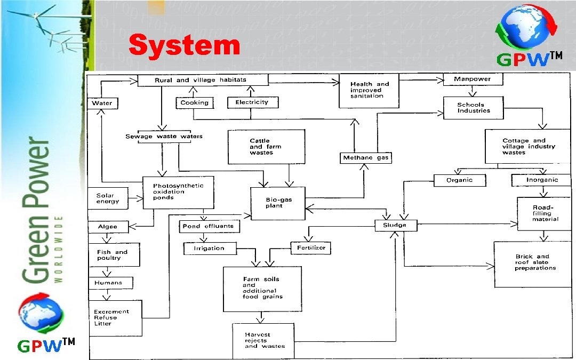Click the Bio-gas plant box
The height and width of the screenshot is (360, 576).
click(x=278, y=203)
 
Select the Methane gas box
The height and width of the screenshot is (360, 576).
click(x=366, y=158)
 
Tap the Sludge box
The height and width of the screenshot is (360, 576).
click(x=395, y=225)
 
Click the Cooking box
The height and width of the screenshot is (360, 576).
click(x=194, y=102)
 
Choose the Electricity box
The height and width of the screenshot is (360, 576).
click(x=252, y=102)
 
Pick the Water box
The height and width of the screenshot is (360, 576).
click(x=102, y=103)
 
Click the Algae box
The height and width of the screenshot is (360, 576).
click(x=107, y=227)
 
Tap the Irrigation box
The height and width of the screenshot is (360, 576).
click(x=209, y=248)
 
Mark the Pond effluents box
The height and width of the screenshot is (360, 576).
click(x=209, y=226)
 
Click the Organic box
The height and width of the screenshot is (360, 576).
click(x=460, y=180)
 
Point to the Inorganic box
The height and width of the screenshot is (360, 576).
click(x=542, y=180)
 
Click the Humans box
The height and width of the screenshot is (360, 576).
click(x=109, y=283)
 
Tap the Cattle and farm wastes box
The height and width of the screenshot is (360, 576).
click(x=266, y=147)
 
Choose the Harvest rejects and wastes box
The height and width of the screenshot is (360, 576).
click(x=263, y=340)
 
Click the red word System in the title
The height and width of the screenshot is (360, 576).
click(x=185, y=45)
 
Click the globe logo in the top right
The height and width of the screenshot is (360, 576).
click(x=526, y=30)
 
